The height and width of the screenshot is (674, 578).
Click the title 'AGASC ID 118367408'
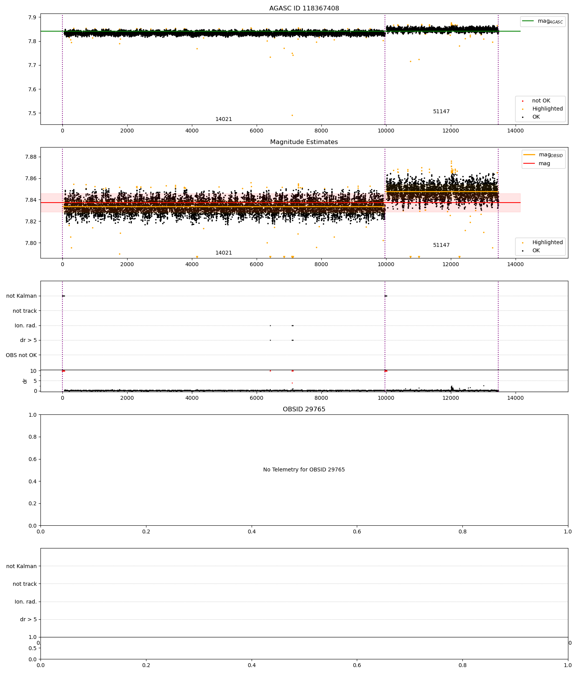pyautogui.click(x=304, y=8)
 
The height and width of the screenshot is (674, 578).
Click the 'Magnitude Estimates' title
pyautogui.click(x=304, y=142)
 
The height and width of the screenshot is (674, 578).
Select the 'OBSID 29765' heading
pyautogui.click(x=304, y=409)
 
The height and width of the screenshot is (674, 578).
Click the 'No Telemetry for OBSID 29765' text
pyautogui.click(x=304, y=470)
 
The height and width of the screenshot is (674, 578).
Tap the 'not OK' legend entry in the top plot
pyautogui.click(x=541, y=101)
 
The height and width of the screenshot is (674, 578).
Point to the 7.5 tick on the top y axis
pyautogui.click(x=32, y=114)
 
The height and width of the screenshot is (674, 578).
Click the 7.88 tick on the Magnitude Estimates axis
pyautogui.click(x=31, y=157)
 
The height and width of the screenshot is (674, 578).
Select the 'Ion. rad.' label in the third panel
pyautogui.click(x=25, y=326)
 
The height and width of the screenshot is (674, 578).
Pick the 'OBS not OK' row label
pyautogui.click(x=21, y=355)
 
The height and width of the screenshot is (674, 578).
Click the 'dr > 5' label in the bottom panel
pyautogui.click(x=28, y=620)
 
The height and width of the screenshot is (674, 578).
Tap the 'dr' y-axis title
pyautogui.click(x=25, y=381)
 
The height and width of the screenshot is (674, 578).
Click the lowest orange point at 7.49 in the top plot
pyautogui.click(x=292, y=115)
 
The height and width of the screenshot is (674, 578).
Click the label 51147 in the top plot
pyautogui.click(x=441, y=112)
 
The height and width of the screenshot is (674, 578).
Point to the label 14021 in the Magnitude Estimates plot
pyautogui.click(x=223, y=253)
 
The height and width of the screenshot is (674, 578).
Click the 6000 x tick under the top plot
pyautogui.click(x=256, y=131)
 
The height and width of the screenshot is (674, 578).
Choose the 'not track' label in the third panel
pyautogui.click(x=25, y=311)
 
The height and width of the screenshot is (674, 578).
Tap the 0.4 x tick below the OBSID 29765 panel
pyautogui.click(x=252, y=531)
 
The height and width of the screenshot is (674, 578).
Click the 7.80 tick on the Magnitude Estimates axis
pyautogui.click(x=31, y=243)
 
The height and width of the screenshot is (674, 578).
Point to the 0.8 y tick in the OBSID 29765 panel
pyautogui.click(x=33, y=437)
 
